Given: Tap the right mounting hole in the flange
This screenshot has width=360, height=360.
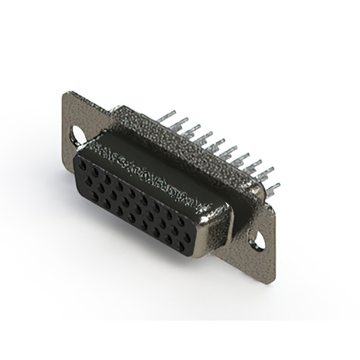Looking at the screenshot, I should (x=258, y=241).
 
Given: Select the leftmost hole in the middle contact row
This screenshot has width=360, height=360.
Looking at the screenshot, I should (x=88, y=181).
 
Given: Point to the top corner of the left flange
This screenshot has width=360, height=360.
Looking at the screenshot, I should (x=67, y=93).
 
